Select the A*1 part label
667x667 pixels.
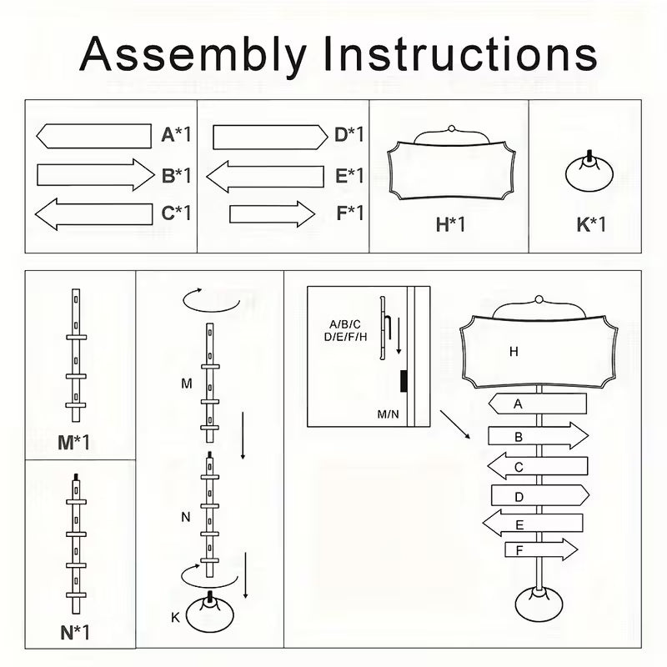(176, 135)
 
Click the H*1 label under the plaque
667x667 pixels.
(450, 224)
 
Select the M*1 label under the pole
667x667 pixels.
(74, 442)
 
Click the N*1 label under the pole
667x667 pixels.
(74, 632)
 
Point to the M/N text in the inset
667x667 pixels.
(388, 414)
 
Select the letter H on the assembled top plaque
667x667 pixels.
(514, 352)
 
